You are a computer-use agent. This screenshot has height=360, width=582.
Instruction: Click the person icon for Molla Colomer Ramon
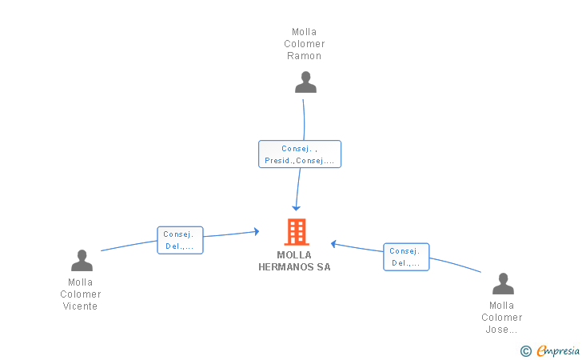click(x=305, y=82)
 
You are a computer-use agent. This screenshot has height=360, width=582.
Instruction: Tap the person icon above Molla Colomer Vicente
click(x=82, y=260)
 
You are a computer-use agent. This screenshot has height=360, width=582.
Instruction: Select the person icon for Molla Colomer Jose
click(x=503, y=283)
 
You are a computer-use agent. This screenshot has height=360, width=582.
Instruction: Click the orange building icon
click(x=297, y=232)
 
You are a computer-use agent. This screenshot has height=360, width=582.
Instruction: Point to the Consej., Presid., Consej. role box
click(x=300, y=154)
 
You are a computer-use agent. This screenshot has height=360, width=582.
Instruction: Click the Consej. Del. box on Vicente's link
click(x=180, y=240)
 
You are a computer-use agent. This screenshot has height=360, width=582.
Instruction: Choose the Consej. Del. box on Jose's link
click(x=406, y=257)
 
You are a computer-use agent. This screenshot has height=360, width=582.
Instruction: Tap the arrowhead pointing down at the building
click(x=296, y=208)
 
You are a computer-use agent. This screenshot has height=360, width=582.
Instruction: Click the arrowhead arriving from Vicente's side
click(x=257, y=231)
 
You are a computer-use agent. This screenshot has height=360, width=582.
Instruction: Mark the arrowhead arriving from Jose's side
click(x=333, y=244)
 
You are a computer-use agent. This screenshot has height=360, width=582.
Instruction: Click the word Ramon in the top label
click(x=304, y=56)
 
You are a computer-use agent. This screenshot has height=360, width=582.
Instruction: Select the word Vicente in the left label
click(x=80, y=306)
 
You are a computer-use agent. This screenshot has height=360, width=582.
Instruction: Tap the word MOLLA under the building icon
click(x=294, y=255)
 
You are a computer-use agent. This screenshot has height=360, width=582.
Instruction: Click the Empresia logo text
click(x=558, y=350)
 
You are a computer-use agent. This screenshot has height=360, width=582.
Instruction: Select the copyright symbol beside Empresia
click(x=526, y=351)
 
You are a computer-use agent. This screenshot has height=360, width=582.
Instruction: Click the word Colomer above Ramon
click(x=305, y=44)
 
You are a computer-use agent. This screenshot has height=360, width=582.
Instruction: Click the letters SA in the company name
click(x=324, y=267)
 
